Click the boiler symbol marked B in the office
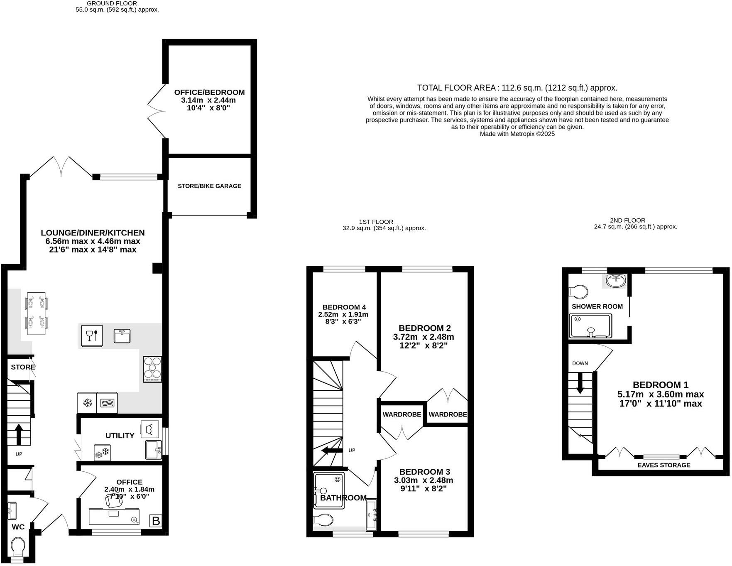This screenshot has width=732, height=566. [156, 521]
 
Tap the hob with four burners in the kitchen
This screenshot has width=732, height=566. [152, 369]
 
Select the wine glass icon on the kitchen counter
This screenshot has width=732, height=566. [91, 336]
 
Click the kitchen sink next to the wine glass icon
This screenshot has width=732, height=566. [122, 336]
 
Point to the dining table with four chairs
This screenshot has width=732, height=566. [36, 314]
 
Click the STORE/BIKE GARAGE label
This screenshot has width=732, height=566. [209, 186]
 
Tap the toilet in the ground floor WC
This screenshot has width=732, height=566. [19, 547]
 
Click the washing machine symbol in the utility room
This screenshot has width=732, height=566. [150, 428]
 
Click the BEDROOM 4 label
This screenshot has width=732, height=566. [344, 307]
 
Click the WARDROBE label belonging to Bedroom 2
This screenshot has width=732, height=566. [448, 414]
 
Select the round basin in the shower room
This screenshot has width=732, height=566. [616, 281]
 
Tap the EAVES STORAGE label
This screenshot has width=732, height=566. [663, 465]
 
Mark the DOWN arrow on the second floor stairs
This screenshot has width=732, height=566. [580, 382]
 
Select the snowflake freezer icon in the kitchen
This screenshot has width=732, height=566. [87, 402]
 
